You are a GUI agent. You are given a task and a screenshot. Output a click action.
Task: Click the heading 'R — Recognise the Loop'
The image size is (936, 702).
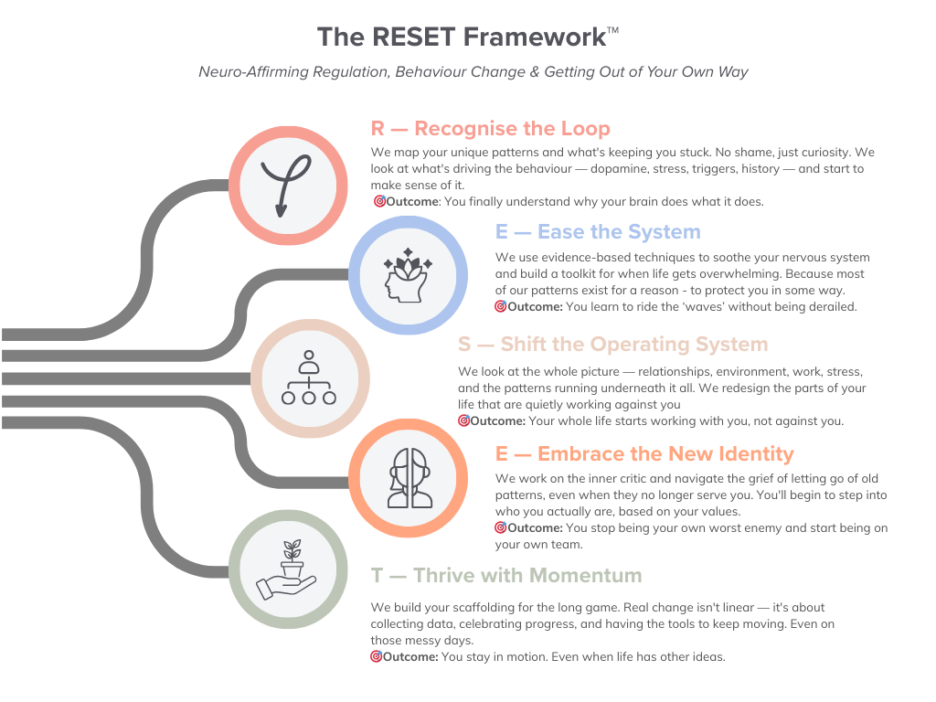(490, 128)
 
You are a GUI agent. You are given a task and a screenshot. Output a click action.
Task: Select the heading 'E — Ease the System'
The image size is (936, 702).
(598, 232)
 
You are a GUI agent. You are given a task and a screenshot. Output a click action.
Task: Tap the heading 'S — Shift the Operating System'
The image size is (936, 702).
(612, 345)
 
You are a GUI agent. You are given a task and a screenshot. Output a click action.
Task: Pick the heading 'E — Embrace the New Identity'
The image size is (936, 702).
(644, 454)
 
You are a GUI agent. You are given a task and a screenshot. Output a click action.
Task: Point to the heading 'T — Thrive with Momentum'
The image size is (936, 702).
(506, 576)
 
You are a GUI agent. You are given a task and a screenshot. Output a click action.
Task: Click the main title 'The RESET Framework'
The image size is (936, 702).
(461, 37)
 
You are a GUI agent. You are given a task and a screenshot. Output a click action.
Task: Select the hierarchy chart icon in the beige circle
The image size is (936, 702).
(309, 378)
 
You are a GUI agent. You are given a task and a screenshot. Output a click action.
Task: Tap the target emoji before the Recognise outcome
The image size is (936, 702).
(378, 201)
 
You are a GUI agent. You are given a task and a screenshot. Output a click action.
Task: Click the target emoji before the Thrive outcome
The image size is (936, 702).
(376, 656)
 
